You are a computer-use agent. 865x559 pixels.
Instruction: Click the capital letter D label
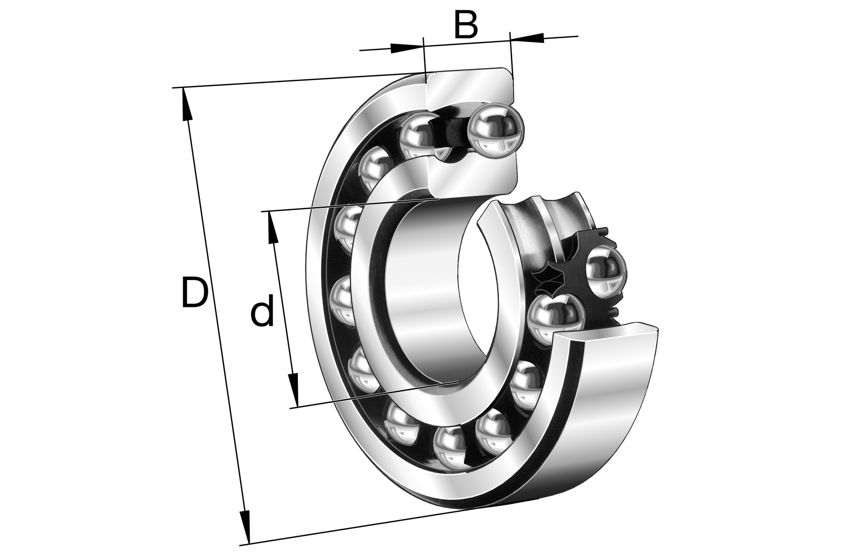(194, 293)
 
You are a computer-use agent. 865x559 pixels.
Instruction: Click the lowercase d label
(262, 314)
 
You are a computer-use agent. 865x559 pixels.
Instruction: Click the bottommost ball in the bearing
(450, 448)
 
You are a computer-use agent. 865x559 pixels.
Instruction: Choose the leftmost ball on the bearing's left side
(343, 299)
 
